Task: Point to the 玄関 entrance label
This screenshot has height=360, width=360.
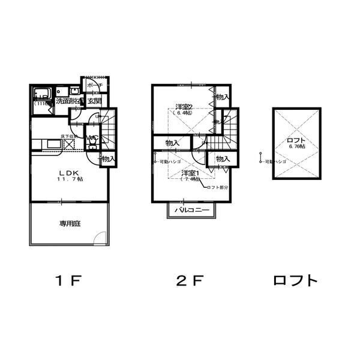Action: [x=94, y=101]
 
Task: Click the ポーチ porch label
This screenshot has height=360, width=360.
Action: [x=95, y=86]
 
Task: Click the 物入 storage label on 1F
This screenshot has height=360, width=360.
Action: [x=107, y=159]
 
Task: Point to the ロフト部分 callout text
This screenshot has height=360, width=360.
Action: [x=217, y=188]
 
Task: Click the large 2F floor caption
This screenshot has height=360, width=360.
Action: [x=190, y=281]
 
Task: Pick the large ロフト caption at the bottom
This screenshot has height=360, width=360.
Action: [x=295, y=281]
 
